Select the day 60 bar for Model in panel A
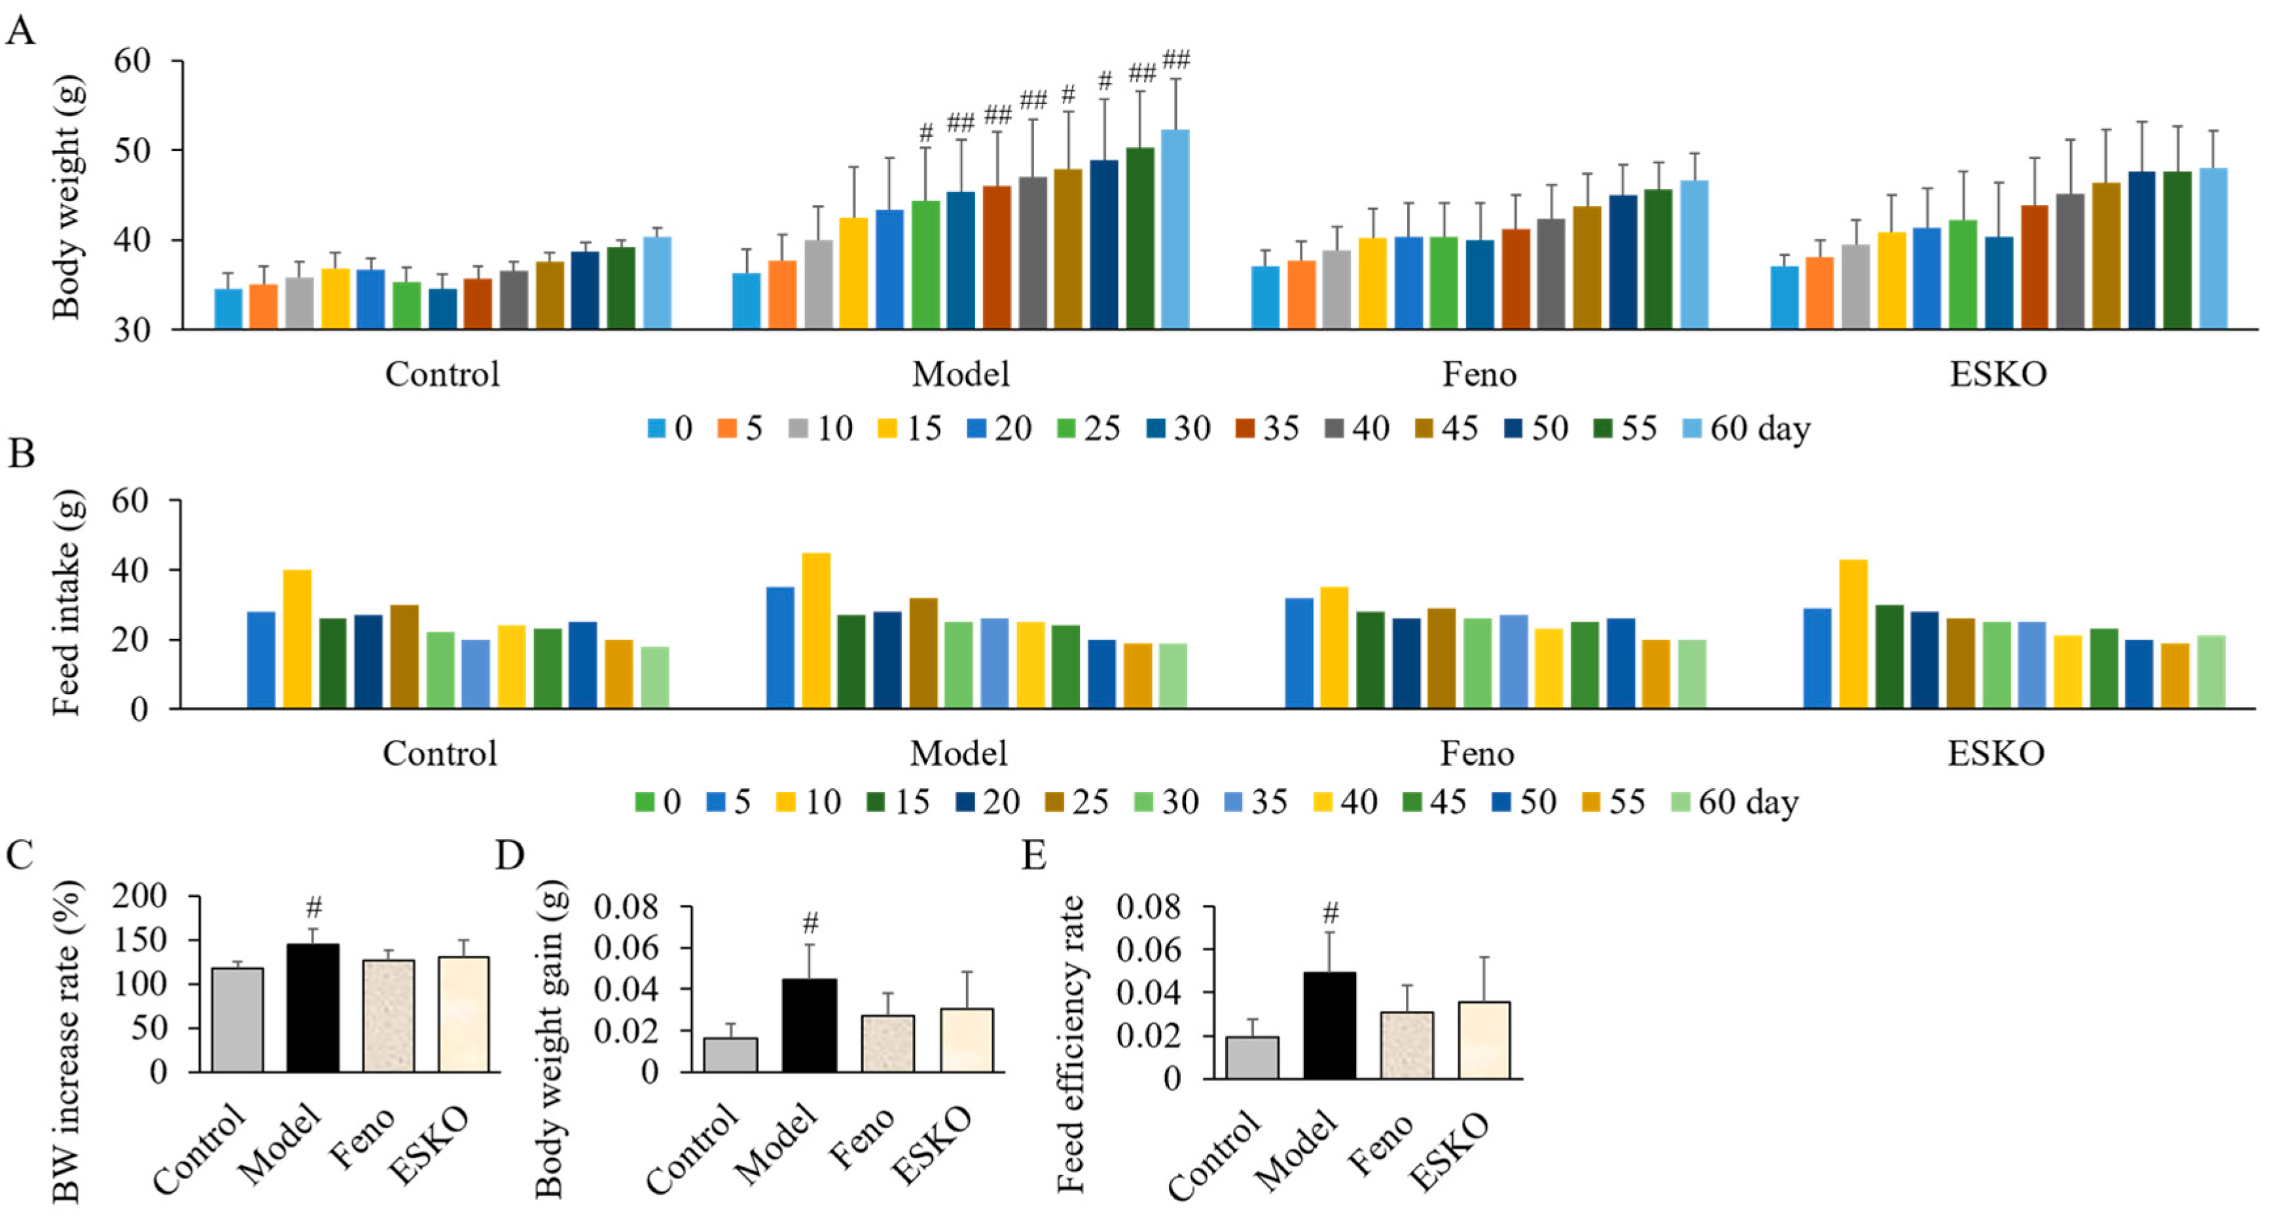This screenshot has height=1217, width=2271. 1175,229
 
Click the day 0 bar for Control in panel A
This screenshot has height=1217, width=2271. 228,308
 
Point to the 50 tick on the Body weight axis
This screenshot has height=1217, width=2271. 132,151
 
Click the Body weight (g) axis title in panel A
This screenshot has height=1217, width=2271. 67,196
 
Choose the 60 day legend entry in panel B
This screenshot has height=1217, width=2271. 1735,803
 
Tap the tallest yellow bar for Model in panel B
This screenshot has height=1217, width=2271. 816,630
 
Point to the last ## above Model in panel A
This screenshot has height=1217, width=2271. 1176,60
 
